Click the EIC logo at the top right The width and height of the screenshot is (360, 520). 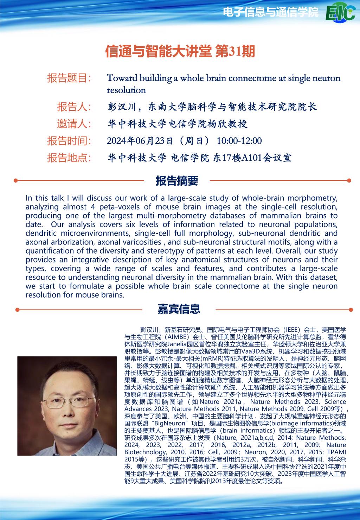pyautogui.click(x=340, y=13)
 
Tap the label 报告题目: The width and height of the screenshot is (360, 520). pyautogui.click(x=69, y=78)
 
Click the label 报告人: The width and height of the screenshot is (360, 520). pyautogui.click(x=74, y=106)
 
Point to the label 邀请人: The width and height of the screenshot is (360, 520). pyautogui.click(x=74, y=123)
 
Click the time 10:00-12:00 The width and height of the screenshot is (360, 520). pyautogui.click(x=239, y=141)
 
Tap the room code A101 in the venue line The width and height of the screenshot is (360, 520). pyautogui.click(x=251, y=158)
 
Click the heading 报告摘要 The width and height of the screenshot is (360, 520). pyautogui.click(x=177, y=181)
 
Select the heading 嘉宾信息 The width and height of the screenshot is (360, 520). pyautogui.click(x=179, y=309)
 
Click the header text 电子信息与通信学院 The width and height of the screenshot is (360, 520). pyautogui.click(x=271, y=13)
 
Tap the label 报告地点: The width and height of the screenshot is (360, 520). pyautogui.click(x=69, y=158)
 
